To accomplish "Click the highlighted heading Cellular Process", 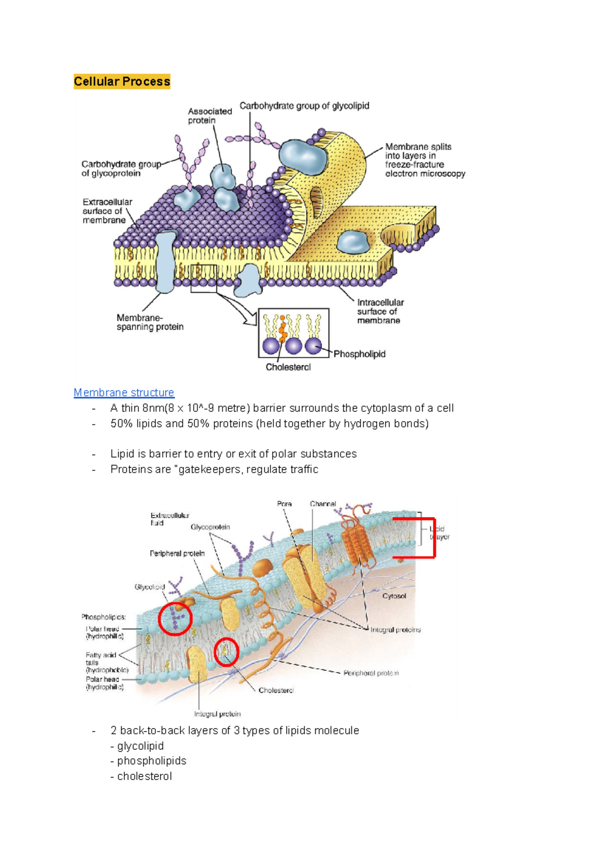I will (x=122, y=81).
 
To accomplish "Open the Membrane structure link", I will (x=124, y=393).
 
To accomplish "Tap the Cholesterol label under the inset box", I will (x=288, y=367).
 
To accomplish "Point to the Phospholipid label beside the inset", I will (x=359, y=354).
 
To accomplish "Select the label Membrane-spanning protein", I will (x=150, y=322).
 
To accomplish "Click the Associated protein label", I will (x=209, y=116).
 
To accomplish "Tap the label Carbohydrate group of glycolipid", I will (x=304, y=106).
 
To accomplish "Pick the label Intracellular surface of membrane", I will (x=380, y=311).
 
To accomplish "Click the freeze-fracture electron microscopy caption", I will (x=425, y=160).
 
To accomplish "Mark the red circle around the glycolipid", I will (x=175, y=619).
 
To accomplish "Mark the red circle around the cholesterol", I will (x=227, y=652).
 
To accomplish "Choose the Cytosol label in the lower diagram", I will (x=394, y=596).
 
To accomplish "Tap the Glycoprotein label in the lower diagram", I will (x=210, y=527).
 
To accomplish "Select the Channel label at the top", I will (x=323, y=504).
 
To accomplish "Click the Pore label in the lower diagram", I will (x=284, y=504).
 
